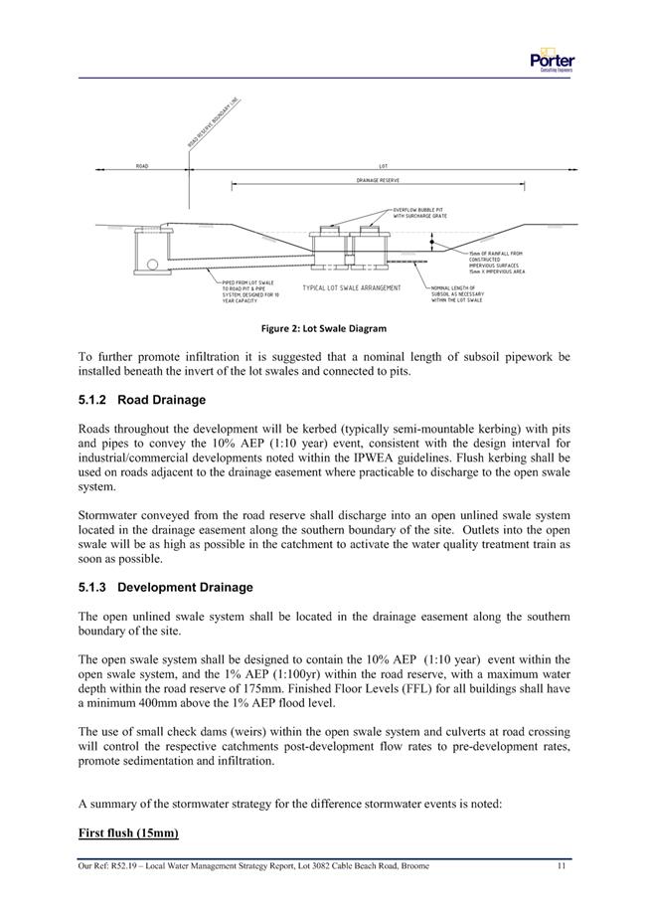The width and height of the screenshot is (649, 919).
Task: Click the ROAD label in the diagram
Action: pos(143,166)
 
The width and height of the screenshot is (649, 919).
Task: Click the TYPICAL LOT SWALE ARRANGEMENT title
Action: pos(351,288)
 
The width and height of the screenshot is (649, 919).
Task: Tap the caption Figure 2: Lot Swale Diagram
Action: pos(324,328)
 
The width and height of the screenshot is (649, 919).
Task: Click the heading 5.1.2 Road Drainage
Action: pos(141,401)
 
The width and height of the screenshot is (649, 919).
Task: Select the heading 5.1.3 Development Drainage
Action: pos(164,588)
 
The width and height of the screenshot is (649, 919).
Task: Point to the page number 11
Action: pos(562,867)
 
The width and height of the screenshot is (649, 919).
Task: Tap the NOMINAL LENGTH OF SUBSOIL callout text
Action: pos(457,292)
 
